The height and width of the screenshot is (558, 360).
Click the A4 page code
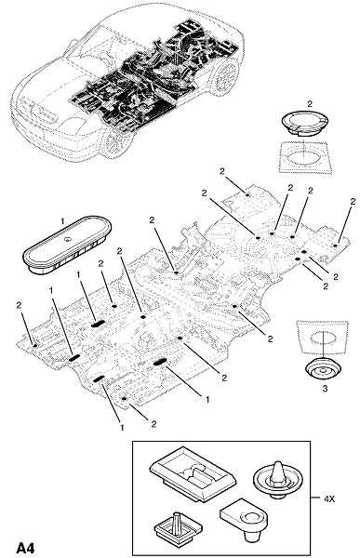pyautogui.click(x=25, y=548)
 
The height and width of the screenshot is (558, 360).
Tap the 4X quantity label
pyautogui.click(x=329, y=498)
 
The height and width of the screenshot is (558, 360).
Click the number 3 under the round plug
pyautogui.click(x=325, y=389)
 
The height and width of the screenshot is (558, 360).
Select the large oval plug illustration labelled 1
pyautogui.click(x=67, y=245)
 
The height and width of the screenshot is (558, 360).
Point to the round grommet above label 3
pyautogui.click(x=324, y=371)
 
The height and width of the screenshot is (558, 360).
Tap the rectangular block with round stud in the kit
pyautogui.click(x=244, y=520)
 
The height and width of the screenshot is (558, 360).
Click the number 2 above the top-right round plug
pyautogui.click(x=310, y=103)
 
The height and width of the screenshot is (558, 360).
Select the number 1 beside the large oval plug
pyautogui.click(x=62, y=221)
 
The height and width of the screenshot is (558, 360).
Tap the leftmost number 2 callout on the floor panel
pyautogui.click(x=19, y=305)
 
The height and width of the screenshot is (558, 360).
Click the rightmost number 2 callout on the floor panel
pyautogui.click(x=353, y=202)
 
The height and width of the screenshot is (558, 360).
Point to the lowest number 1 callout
pyautogui.click(x=122, y=427)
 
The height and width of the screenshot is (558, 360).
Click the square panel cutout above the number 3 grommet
pyautogui.click(x=323, y=337)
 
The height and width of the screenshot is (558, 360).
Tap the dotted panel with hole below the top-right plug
pyautogui.click(x=305, y=157)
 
